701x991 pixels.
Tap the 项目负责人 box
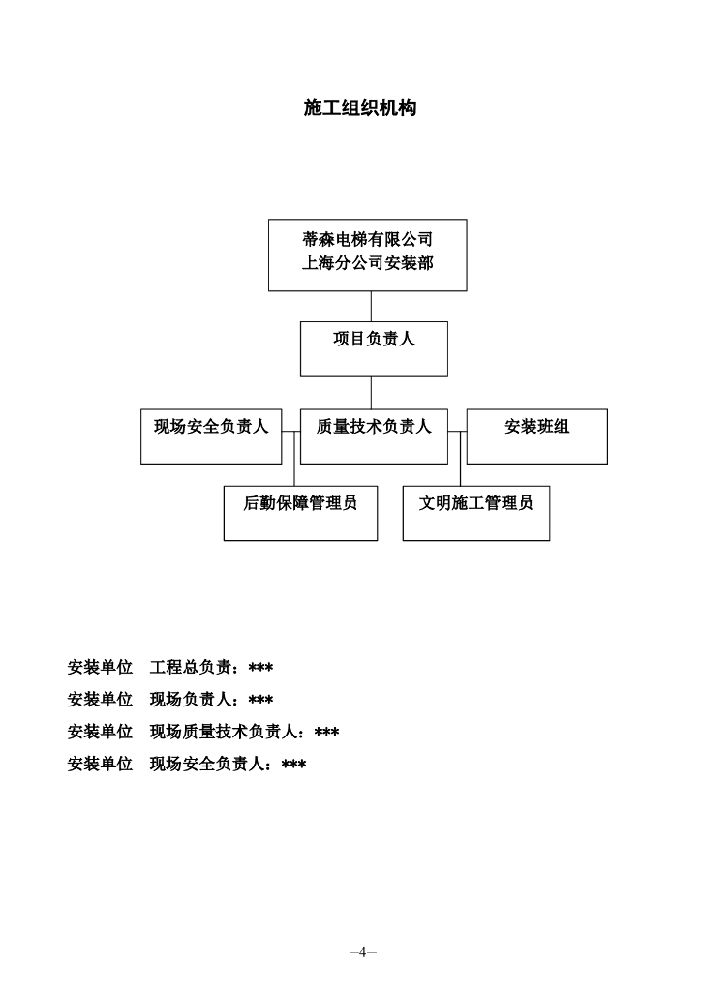point(374,348)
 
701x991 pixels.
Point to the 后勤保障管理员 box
point(300,513)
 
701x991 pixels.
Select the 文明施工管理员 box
point(475,513)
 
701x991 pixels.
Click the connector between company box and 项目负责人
point(371,306)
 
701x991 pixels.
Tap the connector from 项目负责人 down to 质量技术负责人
point(371,392)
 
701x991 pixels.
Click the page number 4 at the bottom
point(362,952)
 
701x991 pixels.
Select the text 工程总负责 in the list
point(191,668)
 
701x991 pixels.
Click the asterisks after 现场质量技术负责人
point(326,733)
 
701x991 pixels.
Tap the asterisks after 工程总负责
point(260,668)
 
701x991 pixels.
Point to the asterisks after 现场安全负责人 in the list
point(293,766)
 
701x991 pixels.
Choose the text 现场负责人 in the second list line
point(191,700)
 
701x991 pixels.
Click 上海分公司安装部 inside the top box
point(367,262)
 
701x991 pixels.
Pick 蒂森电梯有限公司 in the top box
point(367,239)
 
